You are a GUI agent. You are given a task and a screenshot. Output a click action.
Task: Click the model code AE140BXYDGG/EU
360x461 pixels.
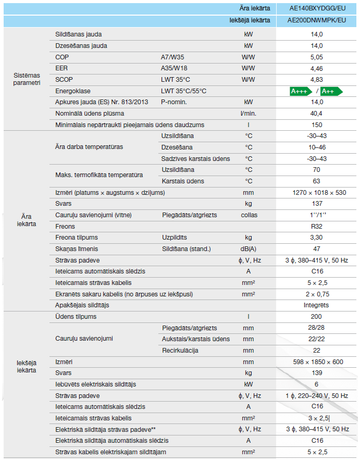tap(317, 9)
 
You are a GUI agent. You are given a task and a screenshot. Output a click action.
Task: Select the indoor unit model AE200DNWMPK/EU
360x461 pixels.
tap(317, 20)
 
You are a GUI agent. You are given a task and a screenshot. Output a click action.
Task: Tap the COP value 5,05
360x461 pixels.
tap(317, 57)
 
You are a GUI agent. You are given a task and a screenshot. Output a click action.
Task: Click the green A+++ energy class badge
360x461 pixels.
tap(301, 91)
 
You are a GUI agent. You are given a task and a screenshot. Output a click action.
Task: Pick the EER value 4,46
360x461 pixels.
tap(317, 68)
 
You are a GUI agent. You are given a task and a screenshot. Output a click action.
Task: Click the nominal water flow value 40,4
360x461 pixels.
tap(317, 114)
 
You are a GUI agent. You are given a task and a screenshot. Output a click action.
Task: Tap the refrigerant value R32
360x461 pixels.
tap(317, 227)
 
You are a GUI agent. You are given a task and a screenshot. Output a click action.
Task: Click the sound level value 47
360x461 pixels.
tap(317, 249)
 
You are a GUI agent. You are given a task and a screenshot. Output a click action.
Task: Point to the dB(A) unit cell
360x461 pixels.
tap(249, 249)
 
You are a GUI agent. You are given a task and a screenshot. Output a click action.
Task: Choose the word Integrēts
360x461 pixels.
tap(317, 305)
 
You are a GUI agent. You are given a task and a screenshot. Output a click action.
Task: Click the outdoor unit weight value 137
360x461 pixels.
tap(317, 204)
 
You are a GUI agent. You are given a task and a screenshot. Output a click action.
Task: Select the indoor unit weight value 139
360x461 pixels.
tap(317, 373)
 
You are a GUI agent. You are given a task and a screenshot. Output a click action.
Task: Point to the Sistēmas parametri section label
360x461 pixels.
tap(27, 79)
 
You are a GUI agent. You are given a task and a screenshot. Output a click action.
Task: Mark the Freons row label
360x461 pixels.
tap(65, 227)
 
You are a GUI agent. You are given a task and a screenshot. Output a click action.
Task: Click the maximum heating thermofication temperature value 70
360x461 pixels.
tap(317, 170)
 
